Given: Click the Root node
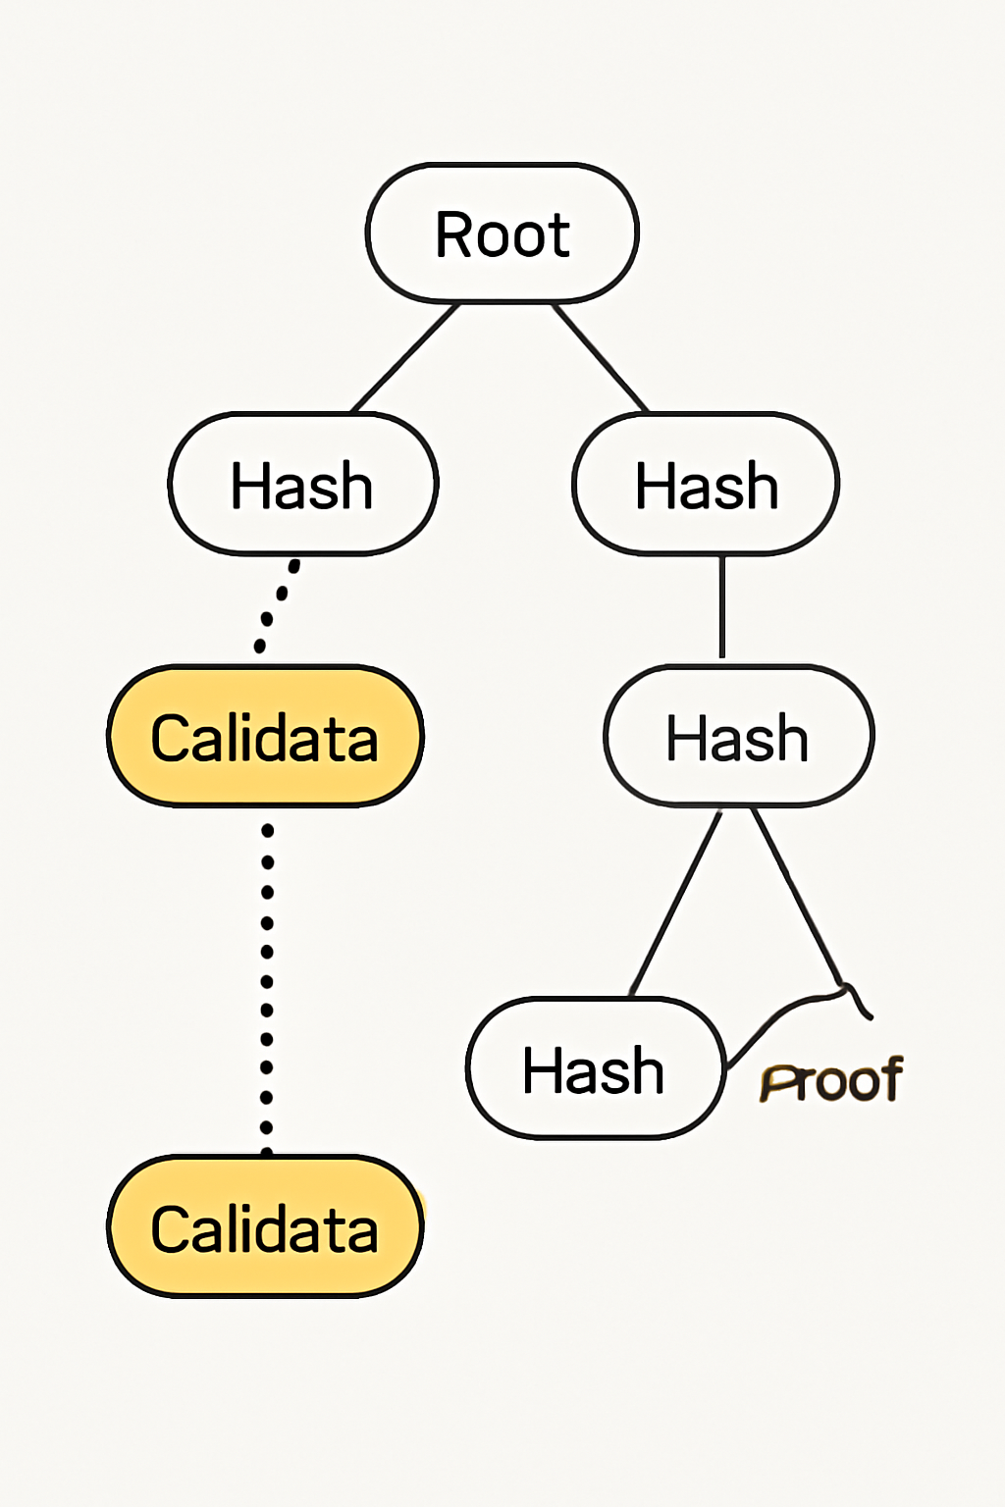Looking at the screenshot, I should (502, 234).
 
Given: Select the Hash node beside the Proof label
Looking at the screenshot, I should (595, 1068).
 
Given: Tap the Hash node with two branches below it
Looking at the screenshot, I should (738, 737).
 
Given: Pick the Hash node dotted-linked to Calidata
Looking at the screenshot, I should (302, 485).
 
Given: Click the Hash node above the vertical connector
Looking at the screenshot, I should (707, 485).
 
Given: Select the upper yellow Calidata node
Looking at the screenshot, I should (265, 737).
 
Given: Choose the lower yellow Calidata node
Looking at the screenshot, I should (265, 1227).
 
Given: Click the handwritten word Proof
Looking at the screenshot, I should (831, 1081).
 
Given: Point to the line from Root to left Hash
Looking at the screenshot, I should (405, 358).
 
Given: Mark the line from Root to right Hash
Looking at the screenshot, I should (600, 358).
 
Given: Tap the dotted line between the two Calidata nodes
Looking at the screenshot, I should (267, 981).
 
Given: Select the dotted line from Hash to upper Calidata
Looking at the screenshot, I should (277, 603).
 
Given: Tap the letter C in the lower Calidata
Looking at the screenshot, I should (171, 1228).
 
